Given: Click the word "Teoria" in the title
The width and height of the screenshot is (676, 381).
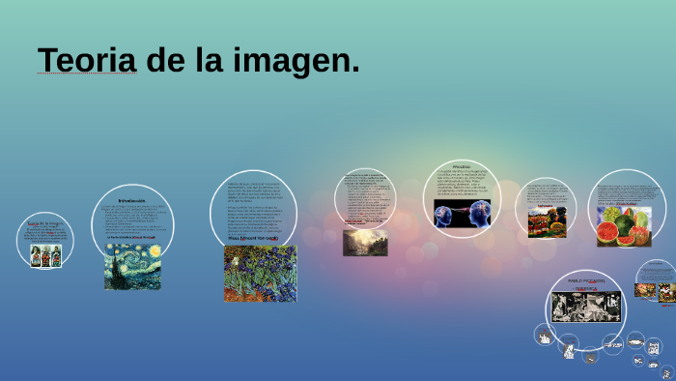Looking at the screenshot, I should pos(86,60).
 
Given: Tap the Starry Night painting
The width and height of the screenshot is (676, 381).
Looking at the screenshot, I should pos(132,265).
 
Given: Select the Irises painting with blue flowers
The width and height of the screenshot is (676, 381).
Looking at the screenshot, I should pos(260,273).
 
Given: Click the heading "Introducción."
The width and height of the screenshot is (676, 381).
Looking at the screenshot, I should pos(131,201).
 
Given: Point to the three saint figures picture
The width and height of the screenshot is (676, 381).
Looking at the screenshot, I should pos(45,255).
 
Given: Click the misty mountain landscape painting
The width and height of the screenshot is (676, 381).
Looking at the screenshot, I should pos(365,242).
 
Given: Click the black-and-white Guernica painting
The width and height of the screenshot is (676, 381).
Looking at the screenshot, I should pos(586,307).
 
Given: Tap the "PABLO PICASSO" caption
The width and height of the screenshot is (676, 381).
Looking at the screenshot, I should pos(586,281).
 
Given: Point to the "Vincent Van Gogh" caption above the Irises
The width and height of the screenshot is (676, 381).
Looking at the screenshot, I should pos(253,238).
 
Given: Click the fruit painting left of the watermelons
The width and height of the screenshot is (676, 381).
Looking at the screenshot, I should pos(546,222).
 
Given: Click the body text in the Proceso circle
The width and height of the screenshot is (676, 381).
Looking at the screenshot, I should pos(461,183).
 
